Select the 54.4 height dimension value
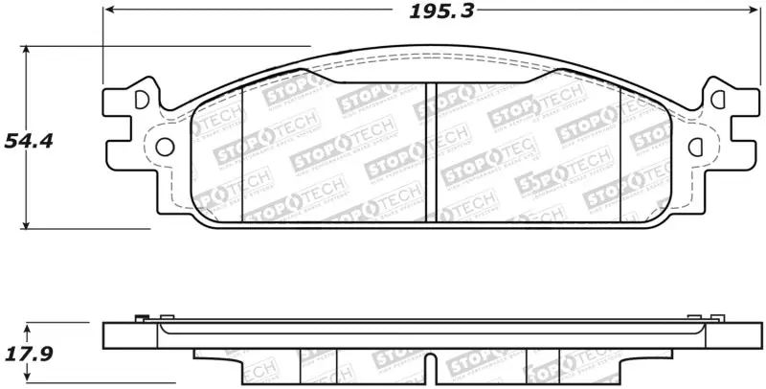[x=28, y=141]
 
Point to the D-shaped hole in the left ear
[x=142, y=99]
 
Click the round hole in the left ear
[x=164, y=147]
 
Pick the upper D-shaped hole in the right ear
[x=717, y=99]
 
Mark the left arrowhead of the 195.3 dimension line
[x=108, y=10]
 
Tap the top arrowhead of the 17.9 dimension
[x=25, y=326]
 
